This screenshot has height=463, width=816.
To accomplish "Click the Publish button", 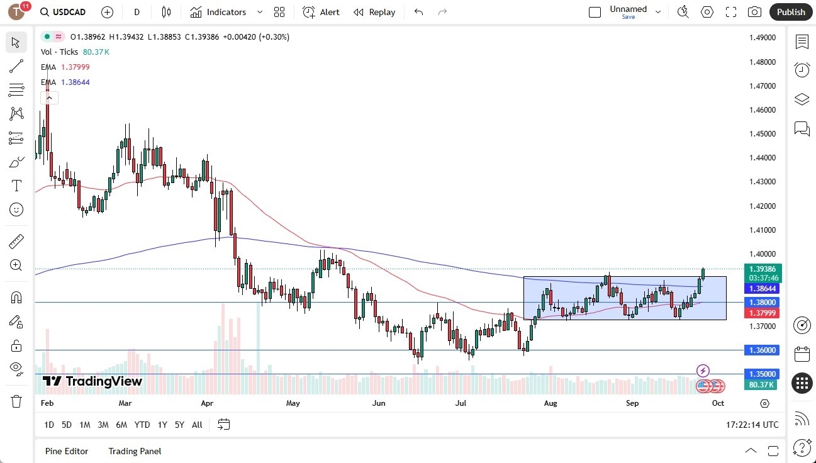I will pos(790,12).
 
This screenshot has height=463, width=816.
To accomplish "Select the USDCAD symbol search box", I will pos(63,12).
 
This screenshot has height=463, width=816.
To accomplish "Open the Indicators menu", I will pos(226,12).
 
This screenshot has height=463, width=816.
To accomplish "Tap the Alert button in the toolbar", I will pos(321,12).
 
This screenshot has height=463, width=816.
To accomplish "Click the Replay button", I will pos(374,12).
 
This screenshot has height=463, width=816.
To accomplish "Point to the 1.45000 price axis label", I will pos(762,134).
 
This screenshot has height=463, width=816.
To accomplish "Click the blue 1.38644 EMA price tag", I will pos(762,289).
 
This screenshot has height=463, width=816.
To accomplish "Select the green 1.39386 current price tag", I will pos(762,269).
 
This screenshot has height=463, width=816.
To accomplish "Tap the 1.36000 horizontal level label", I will pos(762,350).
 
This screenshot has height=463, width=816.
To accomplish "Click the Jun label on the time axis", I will pos(379,403).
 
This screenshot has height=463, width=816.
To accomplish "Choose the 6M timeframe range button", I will pos(121,425).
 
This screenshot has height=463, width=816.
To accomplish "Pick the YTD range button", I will pos(142,425).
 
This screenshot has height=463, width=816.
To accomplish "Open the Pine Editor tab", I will pos(67,451).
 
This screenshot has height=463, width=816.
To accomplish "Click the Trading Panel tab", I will pos(135,451).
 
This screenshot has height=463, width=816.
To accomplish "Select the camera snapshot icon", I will pos(754,12).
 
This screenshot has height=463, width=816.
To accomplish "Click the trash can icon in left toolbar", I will pos(16,401).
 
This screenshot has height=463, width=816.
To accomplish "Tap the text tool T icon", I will pos(16,186).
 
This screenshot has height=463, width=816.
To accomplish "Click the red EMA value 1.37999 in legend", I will pos(75,67).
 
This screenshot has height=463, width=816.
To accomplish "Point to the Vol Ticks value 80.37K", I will pos(96,52).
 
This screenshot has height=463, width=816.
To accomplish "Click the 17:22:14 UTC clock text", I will pos(752,425).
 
